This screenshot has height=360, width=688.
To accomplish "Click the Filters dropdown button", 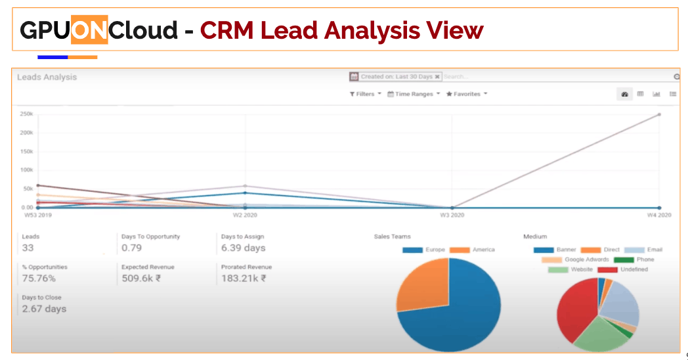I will point(365,94).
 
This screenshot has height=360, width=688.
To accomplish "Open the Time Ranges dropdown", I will point(414,94).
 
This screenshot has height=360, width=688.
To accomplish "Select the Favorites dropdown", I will point(467,94).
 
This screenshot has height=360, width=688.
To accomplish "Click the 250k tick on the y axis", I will point(26,114).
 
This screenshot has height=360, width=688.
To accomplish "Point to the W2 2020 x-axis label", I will point(245,215).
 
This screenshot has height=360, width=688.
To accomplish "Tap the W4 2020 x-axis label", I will point(659,215).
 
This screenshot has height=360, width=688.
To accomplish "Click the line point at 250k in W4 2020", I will point(659,114).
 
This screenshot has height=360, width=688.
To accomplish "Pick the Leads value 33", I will point(28,248).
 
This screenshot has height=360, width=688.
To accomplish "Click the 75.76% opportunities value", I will point(39,279).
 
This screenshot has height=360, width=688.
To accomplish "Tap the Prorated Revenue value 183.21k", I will point(244,279).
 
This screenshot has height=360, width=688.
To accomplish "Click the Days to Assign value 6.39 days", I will point(243,248).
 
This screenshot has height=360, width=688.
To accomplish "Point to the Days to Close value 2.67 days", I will point(44,309).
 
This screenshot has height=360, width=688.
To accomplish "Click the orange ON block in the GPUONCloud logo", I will point(89,30).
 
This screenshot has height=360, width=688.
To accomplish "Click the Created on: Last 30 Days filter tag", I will point(396,77).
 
